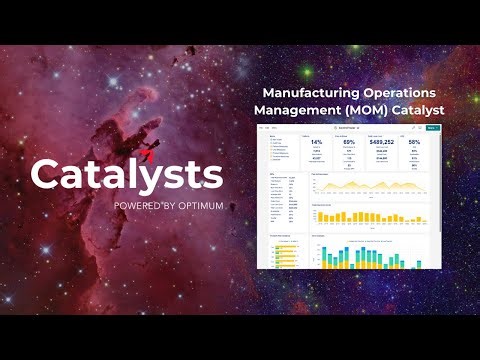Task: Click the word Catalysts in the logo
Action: [x=126, y=175]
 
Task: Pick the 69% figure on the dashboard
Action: [x=350, y=142]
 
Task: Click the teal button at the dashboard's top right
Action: [x=431, y=128]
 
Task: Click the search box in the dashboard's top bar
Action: [x=345, y=128]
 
